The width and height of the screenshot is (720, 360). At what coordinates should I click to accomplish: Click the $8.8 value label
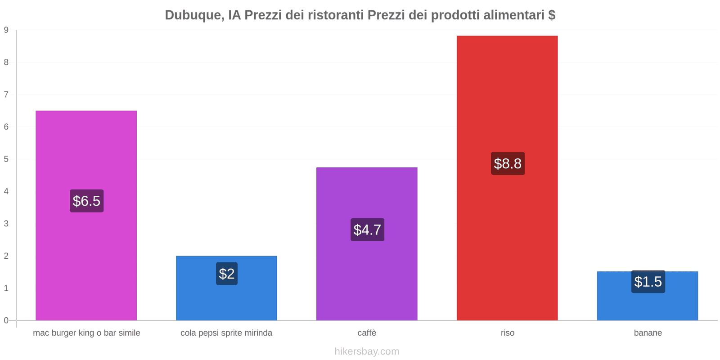coord(508,164)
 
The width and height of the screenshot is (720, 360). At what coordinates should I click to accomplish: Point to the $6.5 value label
coord(86,201)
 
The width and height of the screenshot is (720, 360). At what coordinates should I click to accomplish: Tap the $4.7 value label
coord(367,230)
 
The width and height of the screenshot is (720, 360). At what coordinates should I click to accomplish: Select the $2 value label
coord(227,274)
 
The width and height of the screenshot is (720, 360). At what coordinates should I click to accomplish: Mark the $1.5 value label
coord(648,282)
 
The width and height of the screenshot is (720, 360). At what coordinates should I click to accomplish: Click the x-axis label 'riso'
coord(507,333)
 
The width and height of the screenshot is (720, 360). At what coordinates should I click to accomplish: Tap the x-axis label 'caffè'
coord(367,333)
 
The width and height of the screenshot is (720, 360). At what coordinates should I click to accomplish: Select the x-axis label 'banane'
coord(648,333)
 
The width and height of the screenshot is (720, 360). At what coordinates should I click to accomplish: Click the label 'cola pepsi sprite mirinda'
coord(226,333)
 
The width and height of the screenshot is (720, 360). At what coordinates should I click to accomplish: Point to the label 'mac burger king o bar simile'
coord(86,333)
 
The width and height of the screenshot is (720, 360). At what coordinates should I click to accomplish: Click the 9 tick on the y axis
coord(6,30)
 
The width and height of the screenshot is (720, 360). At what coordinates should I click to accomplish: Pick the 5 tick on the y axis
coord(6,159)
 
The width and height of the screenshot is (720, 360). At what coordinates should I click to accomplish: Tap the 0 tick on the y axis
coord(6,320)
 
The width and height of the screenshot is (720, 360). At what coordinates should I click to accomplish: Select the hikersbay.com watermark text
coord(367,351)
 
